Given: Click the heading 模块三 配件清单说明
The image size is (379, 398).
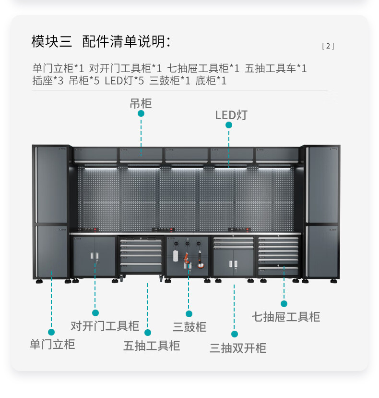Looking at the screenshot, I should pyautogui.click(x=101, y=42).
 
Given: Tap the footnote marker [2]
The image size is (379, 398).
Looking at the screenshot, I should pyautogui.click(x=328, y=46).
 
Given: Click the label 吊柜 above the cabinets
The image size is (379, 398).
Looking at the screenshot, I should pyautogui.click(x=141, y=103).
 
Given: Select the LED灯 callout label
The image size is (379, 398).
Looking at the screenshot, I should pyautogui.click(x=231, y=115).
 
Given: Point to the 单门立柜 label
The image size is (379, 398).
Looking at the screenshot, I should pyautogui.click(x=52, y=344).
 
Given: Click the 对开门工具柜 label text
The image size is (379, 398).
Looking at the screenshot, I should pyautogui.click(x=105, y=326).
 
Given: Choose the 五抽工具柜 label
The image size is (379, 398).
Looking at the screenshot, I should pyautogui.click(x=152, y=346).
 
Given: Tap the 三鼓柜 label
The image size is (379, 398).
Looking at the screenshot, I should pyautogui.click(x=189, y=327).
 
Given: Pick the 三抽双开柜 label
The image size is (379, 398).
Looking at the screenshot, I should pyautogui.click(x=238, y=348).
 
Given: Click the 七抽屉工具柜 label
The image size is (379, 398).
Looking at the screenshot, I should pyautogui.click(x=286, y=316).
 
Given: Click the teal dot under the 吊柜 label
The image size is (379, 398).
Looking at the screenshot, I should pyautogui.click(x=141, y=113).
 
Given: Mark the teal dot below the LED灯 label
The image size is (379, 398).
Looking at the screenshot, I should pyautogui.click(x=229, y=125).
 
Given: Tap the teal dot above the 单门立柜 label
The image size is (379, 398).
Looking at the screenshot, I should pyautogui.click(x=51, y=332).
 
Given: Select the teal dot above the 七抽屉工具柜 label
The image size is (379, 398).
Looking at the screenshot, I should pyautogui.click(x=284, y=304).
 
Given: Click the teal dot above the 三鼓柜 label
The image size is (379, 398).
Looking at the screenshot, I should pyautogui.click(x=189, y=314).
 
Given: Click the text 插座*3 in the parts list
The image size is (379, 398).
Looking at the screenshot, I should pyautogui.click(x=48, y=81).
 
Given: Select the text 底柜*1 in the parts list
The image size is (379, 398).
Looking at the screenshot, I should pyautogui.click(x=211, y=81).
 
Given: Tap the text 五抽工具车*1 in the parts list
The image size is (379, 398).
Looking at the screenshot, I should pyautogui.click(x=275, y=68).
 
